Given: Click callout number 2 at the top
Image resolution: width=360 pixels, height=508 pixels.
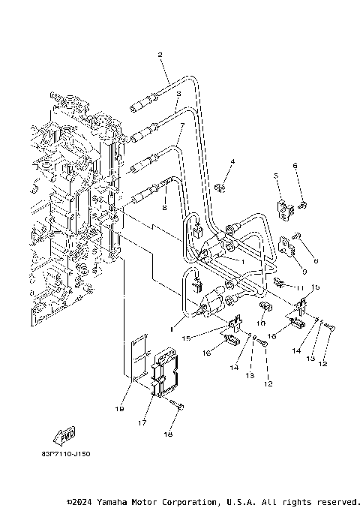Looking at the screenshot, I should (160, 55).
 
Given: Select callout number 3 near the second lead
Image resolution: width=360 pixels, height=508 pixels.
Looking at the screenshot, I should (178, 93).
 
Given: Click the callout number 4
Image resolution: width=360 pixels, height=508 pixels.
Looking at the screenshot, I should (232, 161).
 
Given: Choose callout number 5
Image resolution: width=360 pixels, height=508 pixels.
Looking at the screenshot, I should (275, 176).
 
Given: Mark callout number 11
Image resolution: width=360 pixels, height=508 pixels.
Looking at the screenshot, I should (297, 287).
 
